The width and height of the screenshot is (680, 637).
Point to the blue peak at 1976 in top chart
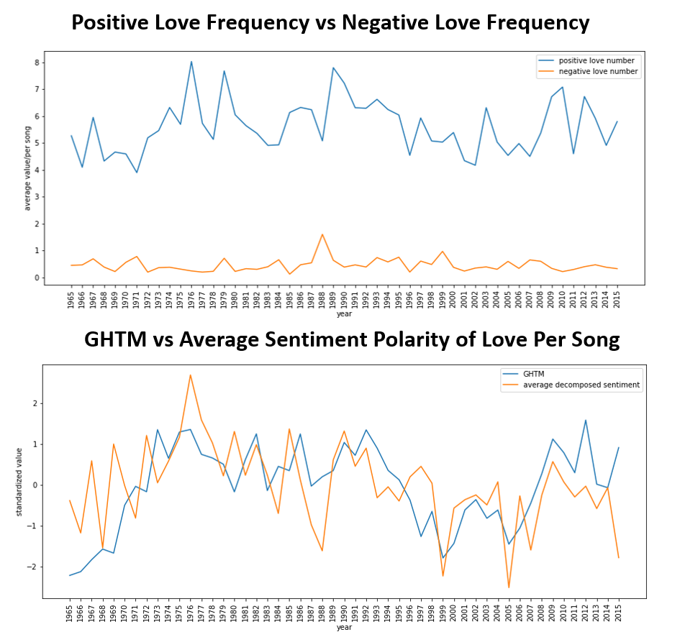click(x=191, y=62)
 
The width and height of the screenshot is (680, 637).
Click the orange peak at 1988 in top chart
click(x=322, y=234)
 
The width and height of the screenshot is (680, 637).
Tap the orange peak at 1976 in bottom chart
click(x=190, y=375)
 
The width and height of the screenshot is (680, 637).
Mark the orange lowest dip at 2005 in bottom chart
click(x=509, y=587)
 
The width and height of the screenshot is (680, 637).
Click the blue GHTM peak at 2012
click(x=586, y=420)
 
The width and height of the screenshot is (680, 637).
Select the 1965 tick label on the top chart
click(x=71, y=300)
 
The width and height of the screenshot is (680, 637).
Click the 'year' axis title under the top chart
click(x=344, y=314)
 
